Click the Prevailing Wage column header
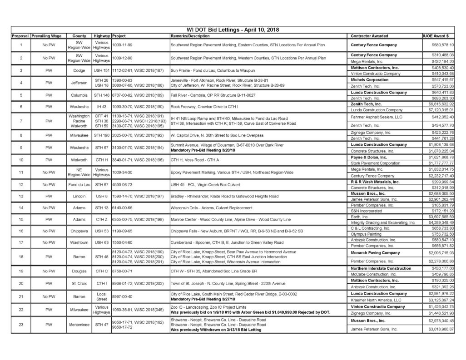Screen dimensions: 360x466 [46, 35]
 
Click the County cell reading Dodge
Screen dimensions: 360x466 [76, 70]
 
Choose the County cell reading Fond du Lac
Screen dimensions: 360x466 [76, 184]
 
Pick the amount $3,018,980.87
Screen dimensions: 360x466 [438, 341]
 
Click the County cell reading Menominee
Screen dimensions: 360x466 [76, 337]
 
